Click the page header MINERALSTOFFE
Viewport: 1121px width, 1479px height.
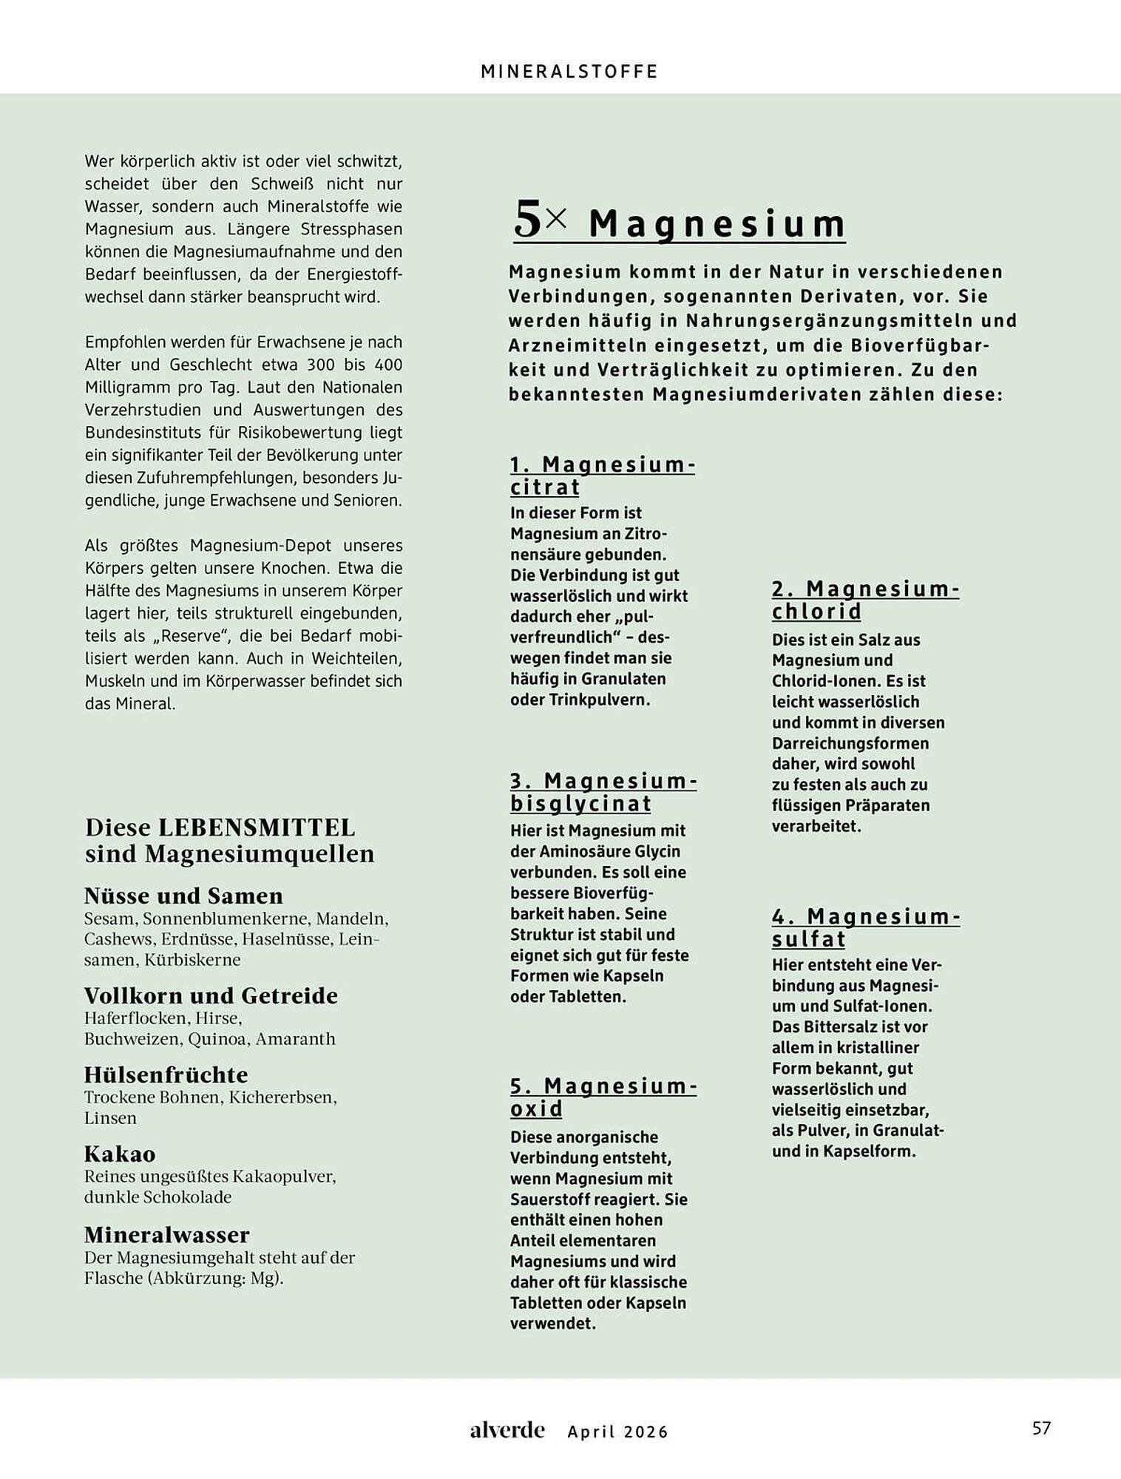569,72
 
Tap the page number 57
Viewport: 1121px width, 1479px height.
1041,1429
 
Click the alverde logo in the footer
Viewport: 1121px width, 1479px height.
507,1430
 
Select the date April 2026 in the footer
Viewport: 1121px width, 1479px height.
617,1432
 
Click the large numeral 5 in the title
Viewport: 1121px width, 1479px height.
528,220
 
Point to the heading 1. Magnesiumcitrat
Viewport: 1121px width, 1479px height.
602,475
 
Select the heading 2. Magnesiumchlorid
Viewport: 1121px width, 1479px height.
865,600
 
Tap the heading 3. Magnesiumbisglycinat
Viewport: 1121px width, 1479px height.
603,792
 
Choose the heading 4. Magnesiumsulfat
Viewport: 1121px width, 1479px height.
865,927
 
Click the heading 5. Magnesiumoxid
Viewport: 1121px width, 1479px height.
603,1097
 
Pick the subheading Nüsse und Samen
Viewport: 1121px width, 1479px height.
183,896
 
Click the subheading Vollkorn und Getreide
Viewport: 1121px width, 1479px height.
211,996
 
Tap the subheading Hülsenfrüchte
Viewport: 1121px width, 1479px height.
166,1075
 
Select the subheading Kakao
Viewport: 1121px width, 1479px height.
119,1154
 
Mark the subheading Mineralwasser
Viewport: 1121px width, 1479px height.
166,1235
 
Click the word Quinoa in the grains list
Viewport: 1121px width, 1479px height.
217,1039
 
